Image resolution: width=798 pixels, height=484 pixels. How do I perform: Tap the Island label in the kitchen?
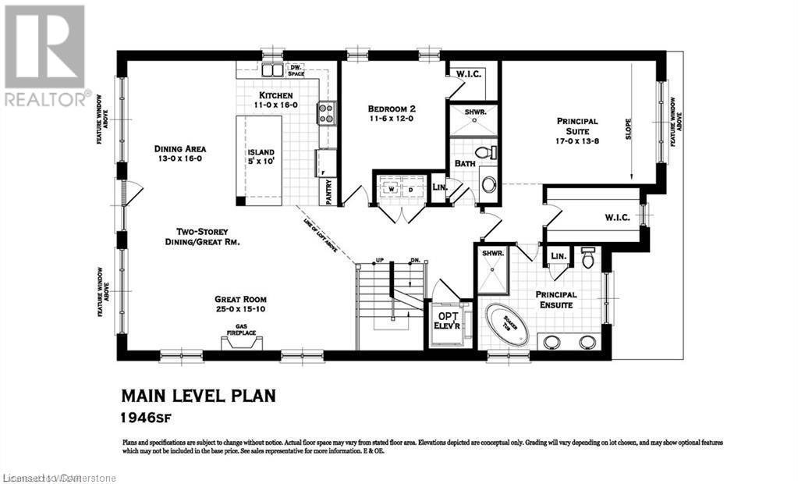pyautogui.click(x=260, y=153)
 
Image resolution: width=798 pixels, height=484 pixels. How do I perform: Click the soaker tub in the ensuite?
pyautogui.click(x=507, y=326)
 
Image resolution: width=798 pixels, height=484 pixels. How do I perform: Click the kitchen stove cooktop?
pyautogui.click(x=325, y=114)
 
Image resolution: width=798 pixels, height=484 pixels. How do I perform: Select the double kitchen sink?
pyautogui.click(x=272, y=70)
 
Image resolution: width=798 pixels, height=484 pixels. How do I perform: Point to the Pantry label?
pyautogui.click(x=328, y=191)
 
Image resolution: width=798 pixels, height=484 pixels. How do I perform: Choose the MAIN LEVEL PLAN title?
pyautogui.click(x=198, y=396)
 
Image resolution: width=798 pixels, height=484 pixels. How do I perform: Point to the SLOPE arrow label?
pyautogui.click(x=629, y=129)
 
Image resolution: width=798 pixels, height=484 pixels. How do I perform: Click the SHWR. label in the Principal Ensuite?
pyautogui.click(x=491, y=253)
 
